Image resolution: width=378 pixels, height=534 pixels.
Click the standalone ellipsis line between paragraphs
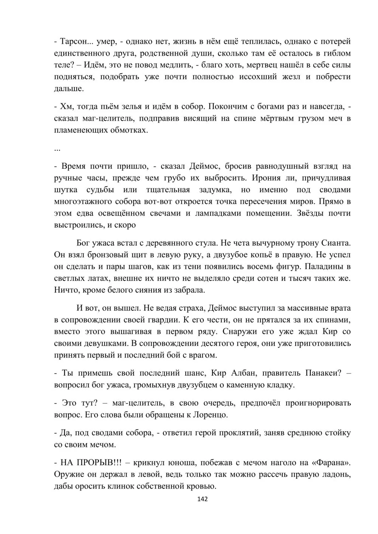57,148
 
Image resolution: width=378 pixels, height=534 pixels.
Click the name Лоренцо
210,415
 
